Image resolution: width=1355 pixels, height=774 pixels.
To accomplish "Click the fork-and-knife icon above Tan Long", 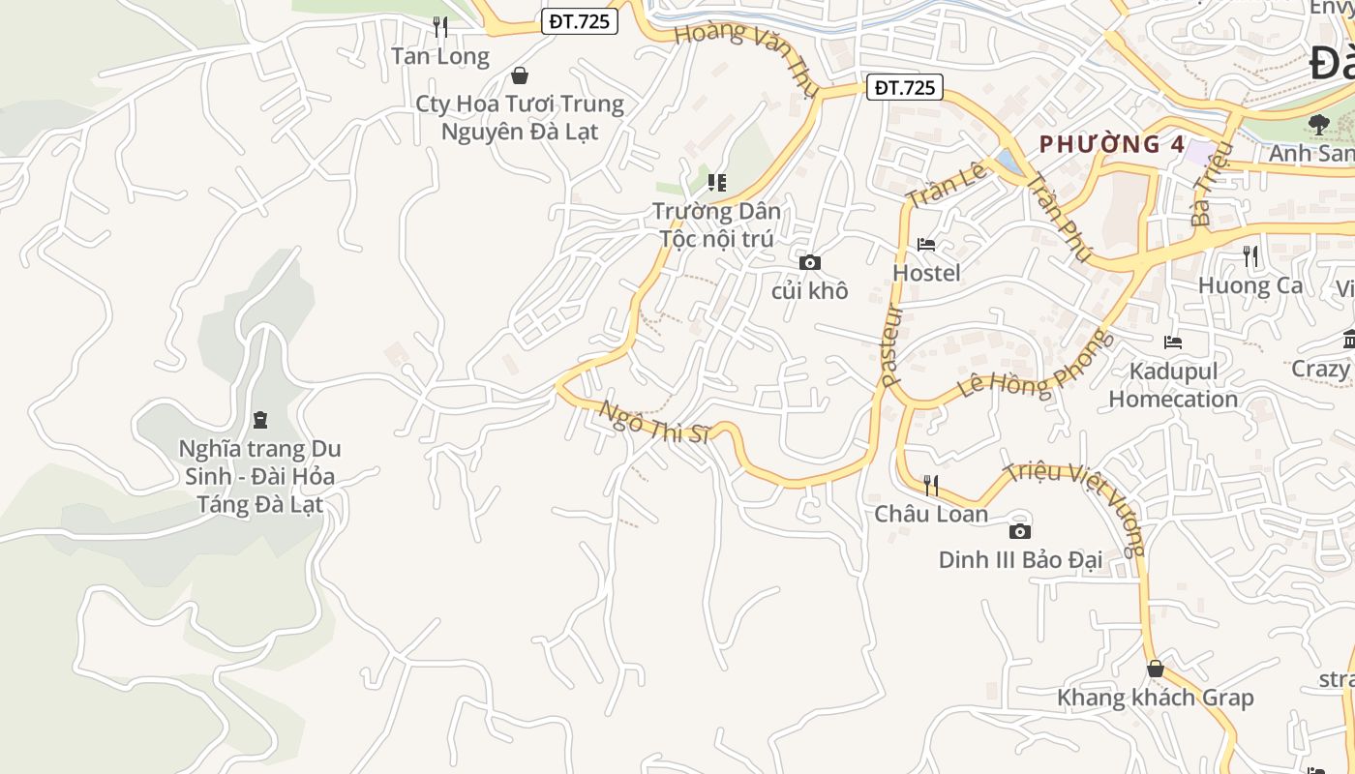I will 440,27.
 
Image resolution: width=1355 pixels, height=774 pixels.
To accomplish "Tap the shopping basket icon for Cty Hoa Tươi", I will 520,75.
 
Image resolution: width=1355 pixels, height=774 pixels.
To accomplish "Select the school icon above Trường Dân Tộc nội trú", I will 716,182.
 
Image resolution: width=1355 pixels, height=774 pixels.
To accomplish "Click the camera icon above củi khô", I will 810,262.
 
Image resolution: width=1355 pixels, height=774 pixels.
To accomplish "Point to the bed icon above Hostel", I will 926,245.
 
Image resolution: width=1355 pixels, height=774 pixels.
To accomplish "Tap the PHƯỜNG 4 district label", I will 1112,144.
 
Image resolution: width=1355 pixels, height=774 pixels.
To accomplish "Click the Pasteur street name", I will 891,345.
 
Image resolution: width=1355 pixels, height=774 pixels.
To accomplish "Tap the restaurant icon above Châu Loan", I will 931,485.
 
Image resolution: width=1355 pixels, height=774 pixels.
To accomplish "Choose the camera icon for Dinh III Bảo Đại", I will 1019,531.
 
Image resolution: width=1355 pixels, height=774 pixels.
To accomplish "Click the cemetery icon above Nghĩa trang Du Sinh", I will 259,420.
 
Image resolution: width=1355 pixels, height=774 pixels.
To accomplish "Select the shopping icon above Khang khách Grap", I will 1155,669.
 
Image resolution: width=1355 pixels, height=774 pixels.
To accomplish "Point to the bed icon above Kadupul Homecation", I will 1173,342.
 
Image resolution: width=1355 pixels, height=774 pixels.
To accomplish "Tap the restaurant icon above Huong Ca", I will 1250,256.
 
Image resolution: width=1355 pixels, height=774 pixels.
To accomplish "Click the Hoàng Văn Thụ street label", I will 746,58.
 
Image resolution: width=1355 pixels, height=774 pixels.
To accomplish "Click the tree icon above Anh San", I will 1318,124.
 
